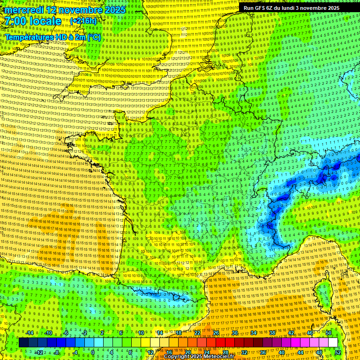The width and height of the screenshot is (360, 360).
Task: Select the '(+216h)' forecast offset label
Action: (x=83, y=21)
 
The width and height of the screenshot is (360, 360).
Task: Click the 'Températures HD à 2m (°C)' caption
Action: (x=53, y=37)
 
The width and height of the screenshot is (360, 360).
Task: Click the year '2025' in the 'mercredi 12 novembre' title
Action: (x=115, y=10)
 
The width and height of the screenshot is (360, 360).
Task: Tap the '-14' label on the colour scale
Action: (x=29, y=333)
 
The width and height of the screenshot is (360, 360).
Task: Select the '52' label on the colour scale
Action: (x=337, y=352)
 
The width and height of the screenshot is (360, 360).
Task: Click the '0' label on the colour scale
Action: (x=93, y=352)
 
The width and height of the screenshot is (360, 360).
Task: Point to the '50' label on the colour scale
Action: (x=329, y=333)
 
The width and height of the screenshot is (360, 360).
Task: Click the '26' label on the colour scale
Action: (x=216, y=333)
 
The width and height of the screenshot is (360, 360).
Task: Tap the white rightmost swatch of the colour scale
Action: (x=333, y=343)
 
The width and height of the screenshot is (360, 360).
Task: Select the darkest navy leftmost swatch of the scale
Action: (x=23, y=343)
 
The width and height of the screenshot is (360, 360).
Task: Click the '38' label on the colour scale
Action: (x=272, y=333)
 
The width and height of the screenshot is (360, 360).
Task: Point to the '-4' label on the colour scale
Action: (x=75, y=352)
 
